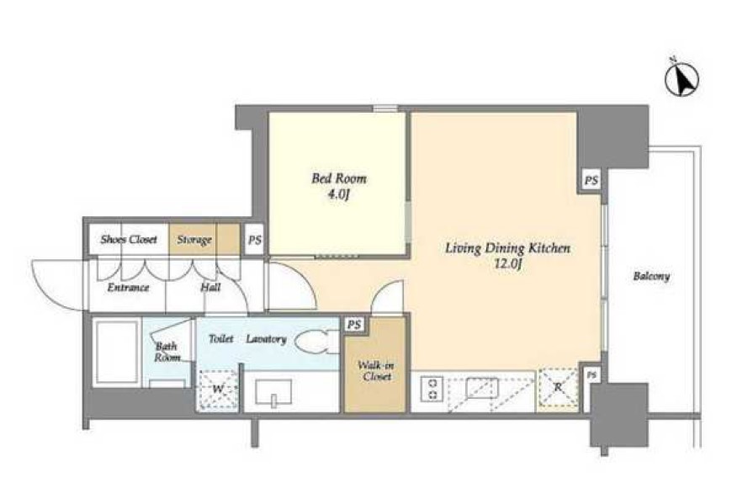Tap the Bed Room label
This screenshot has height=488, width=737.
click(x=339, y=178)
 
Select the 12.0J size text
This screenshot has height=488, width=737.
click(x=507, y=265)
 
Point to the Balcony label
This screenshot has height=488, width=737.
click(x=651, y=276)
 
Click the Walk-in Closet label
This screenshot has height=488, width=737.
click(x=375, y=370)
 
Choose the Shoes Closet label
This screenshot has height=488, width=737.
click(x=129, y=239)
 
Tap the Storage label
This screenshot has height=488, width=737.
click(x=194, y=241)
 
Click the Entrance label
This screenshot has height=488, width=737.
click(x=128, y=287)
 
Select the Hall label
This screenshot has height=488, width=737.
click(x=210, y=287)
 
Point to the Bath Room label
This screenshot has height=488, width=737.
click(x=167, y=352)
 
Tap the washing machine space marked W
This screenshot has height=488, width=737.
click(x=217, y=390)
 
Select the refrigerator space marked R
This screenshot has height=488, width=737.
click(x=558, y=387)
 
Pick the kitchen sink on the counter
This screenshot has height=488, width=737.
click(x=481, y=389)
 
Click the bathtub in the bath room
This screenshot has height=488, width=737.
click(x=117, y=353)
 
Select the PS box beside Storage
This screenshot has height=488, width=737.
click(x=254, y=240)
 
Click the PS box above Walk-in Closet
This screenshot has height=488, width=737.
click(x=354, y=325)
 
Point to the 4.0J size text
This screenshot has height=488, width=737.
click(x=339, y=194)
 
